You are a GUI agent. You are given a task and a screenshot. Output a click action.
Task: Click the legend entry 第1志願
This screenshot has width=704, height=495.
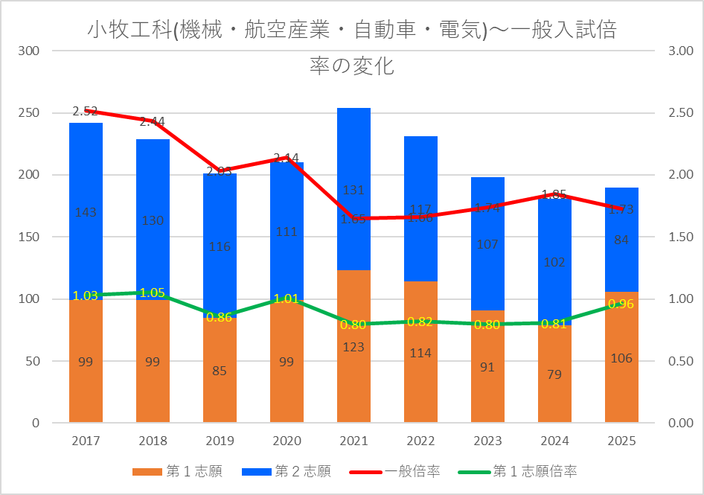177,471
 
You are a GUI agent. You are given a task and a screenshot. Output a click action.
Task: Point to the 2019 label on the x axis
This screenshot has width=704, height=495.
220,441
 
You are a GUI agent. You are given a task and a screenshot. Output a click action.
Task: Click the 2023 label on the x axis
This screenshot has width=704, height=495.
487,441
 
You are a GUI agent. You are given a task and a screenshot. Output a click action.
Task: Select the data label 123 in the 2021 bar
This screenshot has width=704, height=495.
353,347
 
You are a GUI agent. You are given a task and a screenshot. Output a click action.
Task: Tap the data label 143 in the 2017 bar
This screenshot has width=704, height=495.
86,212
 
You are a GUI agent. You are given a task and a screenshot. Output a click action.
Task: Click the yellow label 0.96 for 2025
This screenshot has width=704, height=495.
621,304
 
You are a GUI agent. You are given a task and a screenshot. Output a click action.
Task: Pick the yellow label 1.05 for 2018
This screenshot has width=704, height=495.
153,293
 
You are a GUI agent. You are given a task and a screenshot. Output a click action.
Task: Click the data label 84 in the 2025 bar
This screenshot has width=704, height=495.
621,240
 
